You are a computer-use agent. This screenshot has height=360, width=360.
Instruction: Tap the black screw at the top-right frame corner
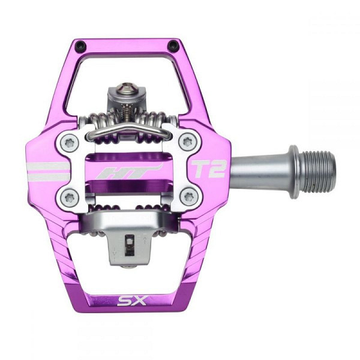pos(173,46)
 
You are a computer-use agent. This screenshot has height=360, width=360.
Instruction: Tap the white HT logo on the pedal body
pos(130,171)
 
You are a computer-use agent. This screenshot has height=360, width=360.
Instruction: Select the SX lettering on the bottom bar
pos(131,299)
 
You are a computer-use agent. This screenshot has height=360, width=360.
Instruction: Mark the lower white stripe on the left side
pos(49,177)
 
